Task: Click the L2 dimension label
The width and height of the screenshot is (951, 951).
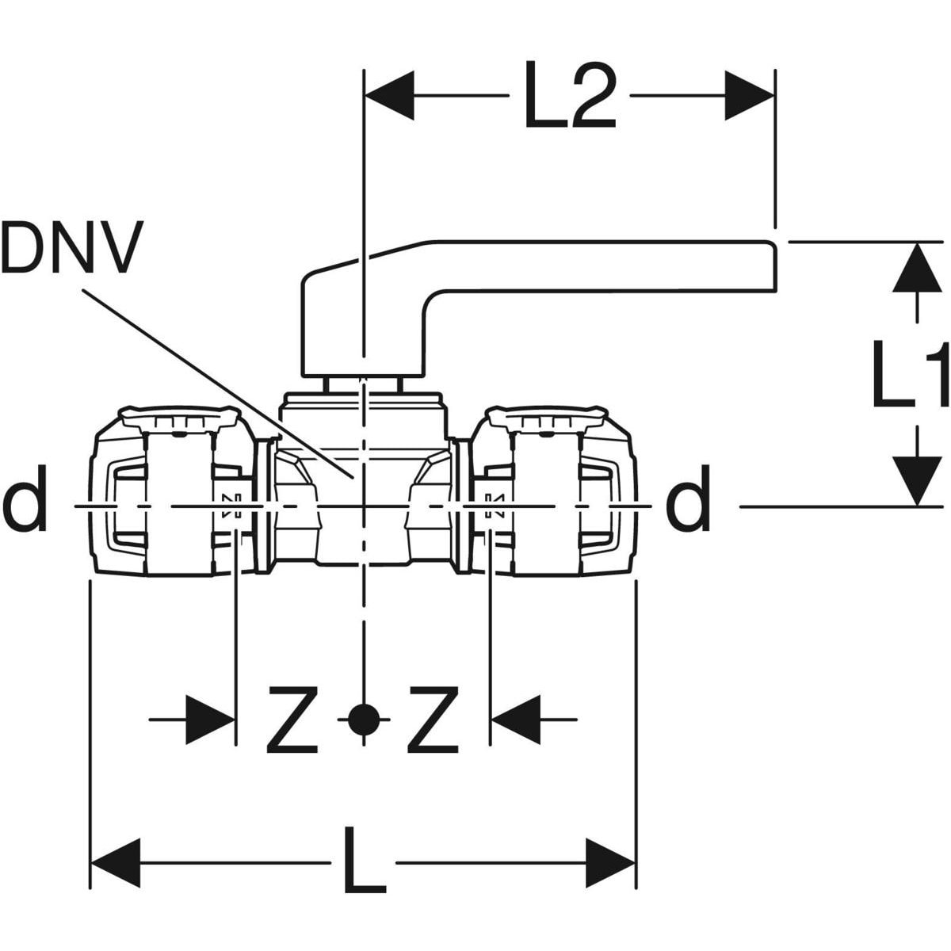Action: (x=571, y=95)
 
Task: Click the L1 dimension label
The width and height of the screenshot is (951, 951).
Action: (x=910, y=374)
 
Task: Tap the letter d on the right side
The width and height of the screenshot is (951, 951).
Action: (x=688, y=498)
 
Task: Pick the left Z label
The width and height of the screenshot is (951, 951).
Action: (x=292, y=720)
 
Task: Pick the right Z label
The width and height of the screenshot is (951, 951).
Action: (x=433, y=720)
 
